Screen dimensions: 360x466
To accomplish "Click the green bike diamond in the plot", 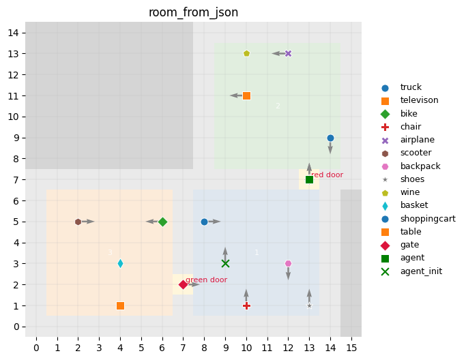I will [162, 222].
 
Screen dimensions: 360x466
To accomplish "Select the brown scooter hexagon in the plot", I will [78, 222].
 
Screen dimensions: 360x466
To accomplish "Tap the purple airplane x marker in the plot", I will [288, 53].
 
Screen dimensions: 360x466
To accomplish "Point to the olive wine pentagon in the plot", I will [246, 53].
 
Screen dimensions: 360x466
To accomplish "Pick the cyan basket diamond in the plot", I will [120, 263].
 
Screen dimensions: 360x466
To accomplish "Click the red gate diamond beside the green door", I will [183, 284].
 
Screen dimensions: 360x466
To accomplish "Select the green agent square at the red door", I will [309, 179].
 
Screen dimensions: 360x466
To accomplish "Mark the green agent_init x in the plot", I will [225, 263].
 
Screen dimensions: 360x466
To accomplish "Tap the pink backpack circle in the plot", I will [288, 263].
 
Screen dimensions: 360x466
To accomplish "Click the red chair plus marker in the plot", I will [246, 305].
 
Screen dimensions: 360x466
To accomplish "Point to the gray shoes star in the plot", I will [309, 305].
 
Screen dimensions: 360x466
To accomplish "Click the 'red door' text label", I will [327, 175].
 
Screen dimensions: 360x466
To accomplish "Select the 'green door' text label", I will [207, 280].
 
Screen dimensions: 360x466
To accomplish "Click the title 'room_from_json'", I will [193, 12].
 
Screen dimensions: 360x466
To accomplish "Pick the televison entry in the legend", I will [419, 100].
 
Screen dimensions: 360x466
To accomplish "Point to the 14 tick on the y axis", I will [20, 33].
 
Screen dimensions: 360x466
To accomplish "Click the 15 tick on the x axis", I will [351, 348].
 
